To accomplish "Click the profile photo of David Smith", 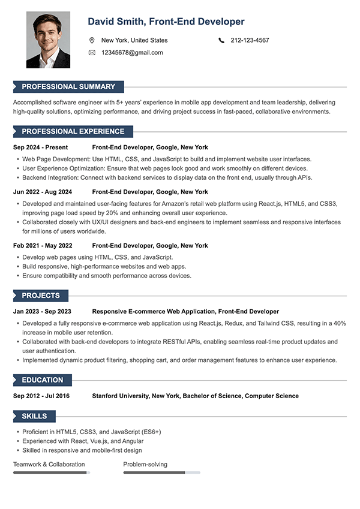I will pyautogui.click(x=48, y=40).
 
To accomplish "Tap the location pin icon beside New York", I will pyautogui.click(x=92, y=40).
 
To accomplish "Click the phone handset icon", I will pyautogui.click(x=221, y=40).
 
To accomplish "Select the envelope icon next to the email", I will pyautogui.click(x=92, y=53).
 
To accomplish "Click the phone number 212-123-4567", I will pyautogui.click(x=250, y=40).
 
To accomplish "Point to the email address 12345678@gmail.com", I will pyautogui.click(x=132, y=53).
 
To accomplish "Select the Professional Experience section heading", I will pyautogui.click(x=73, y=131).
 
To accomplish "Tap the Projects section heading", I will pyautogui.click(x=41, y=296).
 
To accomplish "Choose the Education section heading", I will pyautogui.click(x=43, y=380).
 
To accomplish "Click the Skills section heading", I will pyautogui.click(x=34, y=416).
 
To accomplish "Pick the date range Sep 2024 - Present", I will pyautogui.click(x=40, y=147).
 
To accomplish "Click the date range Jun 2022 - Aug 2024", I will pyautogui.click(x=43, y=192).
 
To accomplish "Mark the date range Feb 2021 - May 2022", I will pyautogui.click(x=43, y=245).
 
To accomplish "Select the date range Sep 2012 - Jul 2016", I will pyautogui.click(x=41, y=396).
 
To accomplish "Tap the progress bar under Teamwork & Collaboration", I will pyautogui.click(x=52, y=472).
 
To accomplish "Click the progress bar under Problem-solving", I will pyautogui.click(x=161, y=472).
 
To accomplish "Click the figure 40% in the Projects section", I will pyautogui.click(x=340, y=323).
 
